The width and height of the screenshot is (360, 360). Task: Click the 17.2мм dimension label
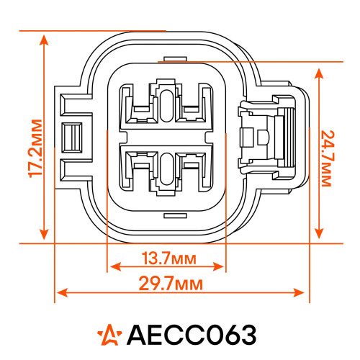pos(35,148)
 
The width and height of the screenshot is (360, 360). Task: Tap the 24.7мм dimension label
pos(328,158)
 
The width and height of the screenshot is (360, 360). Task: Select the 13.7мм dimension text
pos(169,258)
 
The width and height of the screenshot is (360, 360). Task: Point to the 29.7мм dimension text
pos(171,284)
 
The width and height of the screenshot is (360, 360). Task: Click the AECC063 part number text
pos(192,335)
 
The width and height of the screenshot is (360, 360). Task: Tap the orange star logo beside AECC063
pos(109,335)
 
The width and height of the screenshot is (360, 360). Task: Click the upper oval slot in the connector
pos(166,106)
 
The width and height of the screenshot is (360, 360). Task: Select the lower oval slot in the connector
pos(166,169)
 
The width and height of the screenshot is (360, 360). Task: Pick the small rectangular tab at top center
pos(175,59)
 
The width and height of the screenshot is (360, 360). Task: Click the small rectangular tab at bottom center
pos(175,216)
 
